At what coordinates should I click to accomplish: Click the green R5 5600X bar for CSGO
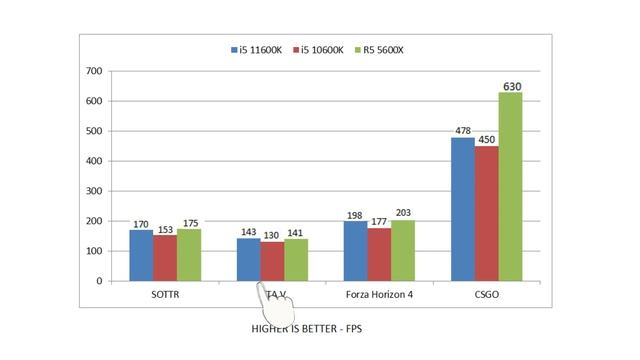510,187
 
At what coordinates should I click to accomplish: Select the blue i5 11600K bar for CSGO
462,209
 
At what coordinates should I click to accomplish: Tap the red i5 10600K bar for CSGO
486,214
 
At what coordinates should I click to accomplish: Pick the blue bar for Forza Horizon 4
355,251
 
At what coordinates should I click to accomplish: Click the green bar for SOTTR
189,255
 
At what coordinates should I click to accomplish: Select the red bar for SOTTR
165,258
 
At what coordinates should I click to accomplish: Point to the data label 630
511,86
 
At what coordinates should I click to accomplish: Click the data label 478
462,131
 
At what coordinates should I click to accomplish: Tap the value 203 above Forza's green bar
404,213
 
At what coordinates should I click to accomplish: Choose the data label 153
165,229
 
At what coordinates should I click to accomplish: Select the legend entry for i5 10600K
317,50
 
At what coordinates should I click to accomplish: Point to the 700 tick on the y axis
93,71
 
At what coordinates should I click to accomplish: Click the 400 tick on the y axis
93,161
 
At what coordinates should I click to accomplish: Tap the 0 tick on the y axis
98,281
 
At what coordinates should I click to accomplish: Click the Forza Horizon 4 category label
379,295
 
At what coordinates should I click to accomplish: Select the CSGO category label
486,295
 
